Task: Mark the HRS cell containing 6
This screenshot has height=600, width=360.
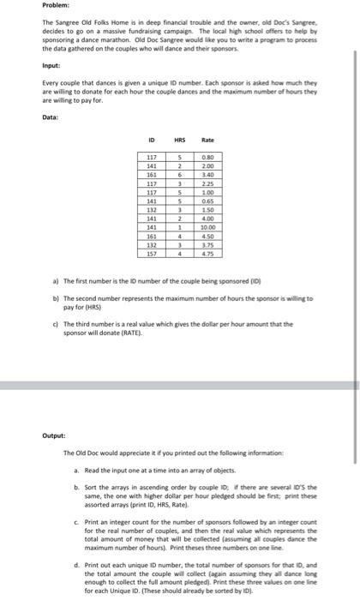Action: coord(180,173)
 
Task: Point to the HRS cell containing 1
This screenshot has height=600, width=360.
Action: coord(180,226)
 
